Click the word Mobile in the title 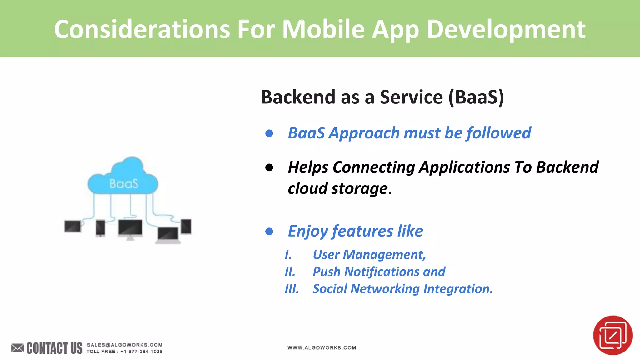click(x=323, y=29)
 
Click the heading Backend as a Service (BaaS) click(x=382, y=97)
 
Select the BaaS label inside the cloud click(x=124, y=184)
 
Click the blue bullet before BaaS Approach click(x=269, y=134)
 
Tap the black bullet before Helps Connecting click(x=269, y=168)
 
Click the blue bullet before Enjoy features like click(x=269, y=232)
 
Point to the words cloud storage click(x=337, y=188)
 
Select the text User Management click(x=369, y=255)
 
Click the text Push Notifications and click(x=379, y=272)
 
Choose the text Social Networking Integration click(x=402, y=289)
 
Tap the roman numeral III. click(x=292, y=289)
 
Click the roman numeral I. click(x=288, y=255)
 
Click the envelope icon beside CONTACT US click(x=17, y=348)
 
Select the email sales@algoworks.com click(x=124, y=345)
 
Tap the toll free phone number click(x=141, y=352)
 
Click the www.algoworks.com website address click(x=322, y=347)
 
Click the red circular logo click(x=612, y=335)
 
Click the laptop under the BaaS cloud click(x=168, y=235)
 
